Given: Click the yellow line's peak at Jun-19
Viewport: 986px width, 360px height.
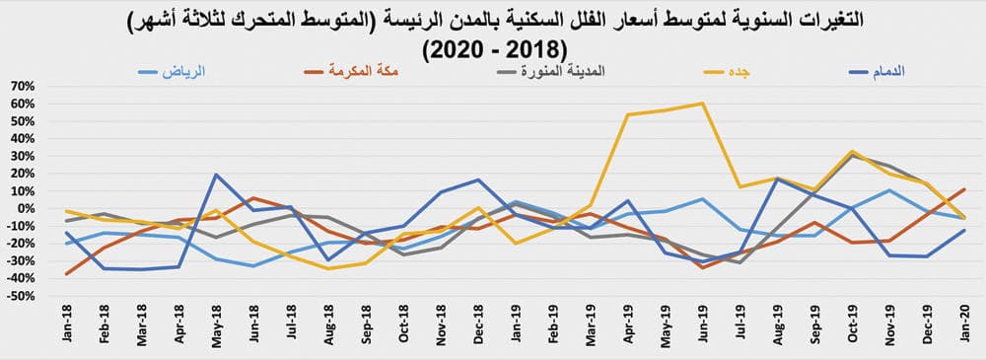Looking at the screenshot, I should [x=702, y=103].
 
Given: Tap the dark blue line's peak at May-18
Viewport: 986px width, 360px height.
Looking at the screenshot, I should [x=216, y=175].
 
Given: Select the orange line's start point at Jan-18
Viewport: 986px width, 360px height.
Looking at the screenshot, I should [x=67, y=274].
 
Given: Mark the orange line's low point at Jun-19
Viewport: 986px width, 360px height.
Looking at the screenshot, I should [x=702, y=267].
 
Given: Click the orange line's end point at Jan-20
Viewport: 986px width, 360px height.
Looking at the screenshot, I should [x=963, y=188].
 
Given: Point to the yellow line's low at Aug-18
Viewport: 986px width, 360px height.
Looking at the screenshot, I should [x=327, y=268].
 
